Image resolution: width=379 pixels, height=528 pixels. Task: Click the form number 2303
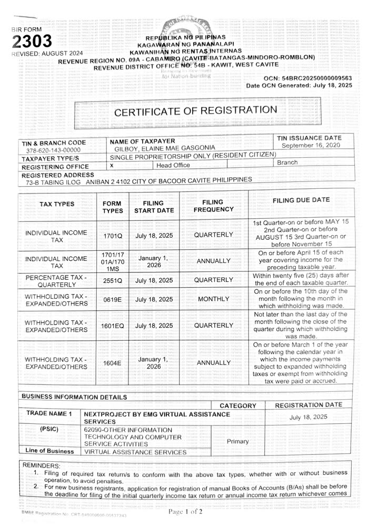pos(32,41)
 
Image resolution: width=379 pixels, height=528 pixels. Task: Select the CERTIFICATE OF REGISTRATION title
pos(196,111)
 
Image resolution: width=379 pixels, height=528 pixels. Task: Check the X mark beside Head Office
pos(112,165)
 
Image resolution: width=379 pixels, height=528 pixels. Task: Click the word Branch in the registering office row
pos(287,163)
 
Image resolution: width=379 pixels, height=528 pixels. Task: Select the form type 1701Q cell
pos(113,236)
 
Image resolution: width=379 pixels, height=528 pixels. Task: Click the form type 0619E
pos(113,300)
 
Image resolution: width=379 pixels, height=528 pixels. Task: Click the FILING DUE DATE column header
pos(301,200)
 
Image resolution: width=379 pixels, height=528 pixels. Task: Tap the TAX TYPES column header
pos(57,204)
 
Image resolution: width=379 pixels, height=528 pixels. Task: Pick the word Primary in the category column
pos(237,441)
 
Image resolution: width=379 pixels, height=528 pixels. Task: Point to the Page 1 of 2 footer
pos(185,512)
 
